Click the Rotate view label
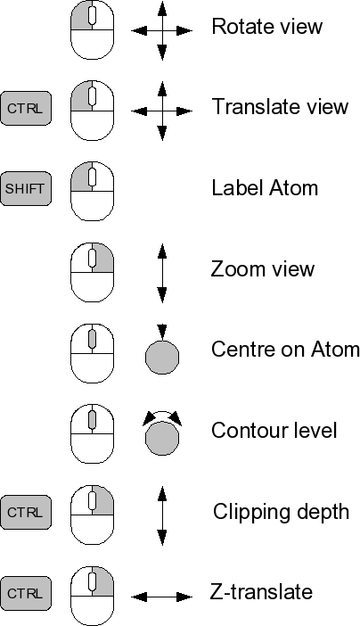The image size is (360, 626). pyautogui.click(x=266, y=27)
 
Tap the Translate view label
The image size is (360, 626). pyautogui.click(x=280, y=107)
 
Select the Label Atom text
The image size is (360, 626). pyautogui.click(x=265, y=187)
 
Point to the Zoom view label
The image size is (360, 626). pyautogui.click(x=263, y=268)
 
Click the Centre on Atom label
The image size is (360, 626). pyautogui.click(x=285, y=350)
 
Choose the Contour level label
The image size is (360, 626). pyautogui.click(x=274, y=431)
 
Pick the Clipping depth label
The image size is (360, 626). pyautogui.click(x=281, y=512)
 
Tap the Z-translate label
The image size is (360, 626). pyautogui.click(x=261, y=591)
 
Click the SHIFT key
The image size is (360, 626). pyautogui.click(x=26, y=189)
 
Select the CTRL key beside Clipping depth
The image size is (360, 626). pyautogui.click(x=26, y=513)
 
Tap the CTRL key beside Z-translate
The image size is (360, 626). pyautogui.click(x=26, y=593)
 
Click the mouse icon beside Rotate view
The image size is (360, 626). pyautogui.click(x=92, y=30)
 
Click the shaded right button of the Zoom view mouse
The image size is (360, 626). pyautogui.click(x=104, y=259)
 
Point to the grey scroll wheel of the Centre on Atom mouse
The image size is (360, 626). pyautogui.click(x=92, y=338)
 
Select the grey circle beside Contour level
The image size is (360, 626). pyautogui.click(x=162, y=439)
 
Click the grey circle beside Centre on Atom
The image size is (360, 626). pyautogui.click(x=162, y=358)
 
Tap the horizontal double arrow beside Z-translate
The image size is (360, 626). pyautogui.click(x=162, y=597)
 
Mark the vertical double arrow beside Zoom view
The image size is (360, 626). pyautogui.click(x=162, y=273)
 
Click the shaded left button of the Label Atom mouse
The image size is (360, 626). pyautogui.click(x=81, y=177)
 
